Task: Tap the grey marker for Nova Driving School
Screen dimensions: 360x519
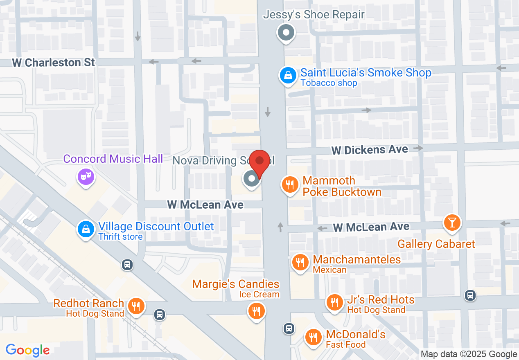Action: click(x=251, y=178)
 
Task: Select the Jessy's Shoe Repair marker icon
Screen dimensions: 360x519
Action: click(x=286, y=32)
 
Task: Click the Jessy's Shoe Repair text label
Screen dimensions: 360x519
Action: click(x=314, y=15)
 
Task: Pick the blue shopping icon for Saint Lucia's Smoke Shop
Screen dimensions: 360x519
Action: click(x=288, y=75)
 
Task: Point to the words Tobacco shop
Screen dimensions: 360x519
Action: click(x=329, y=83)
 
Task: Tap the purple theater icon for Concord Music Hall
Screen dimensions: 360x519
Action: click(x=86, y=177)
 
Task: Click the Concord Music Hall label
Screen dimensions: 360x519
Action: click(x=113, y=159)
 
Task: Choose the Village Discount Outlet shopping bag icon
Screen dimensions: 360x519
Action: click(x=86, y=229)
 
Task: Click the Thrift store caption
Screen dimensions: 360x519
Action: click(x=120, y=236)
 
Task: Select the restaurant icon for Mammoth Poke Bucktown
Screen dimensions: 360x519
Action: click(x=290, y=184)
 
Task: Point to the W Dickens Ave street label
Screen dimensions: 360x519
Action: click(x=370, y=150)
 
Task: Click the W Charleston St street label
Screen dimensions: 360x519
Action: click(x=54, y=63)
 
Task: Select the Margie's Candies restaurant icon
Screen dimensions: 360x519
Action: click(x=257, y=311)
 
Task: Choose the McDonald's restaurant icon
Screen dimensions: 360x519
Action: click(x=314, y=337)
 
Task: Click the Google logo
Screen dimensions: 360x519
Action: click(x=27, y=350)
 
